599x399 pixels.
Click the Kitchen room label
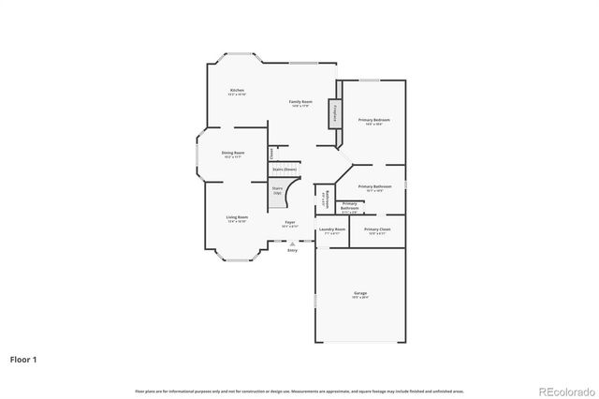pyautogui.click(x=237, y=90)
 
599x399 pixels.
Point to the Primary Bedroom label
pyautogui.click(x=373, y=120)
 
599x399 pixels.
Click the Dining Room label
pyautogui.click(x=233, y=153)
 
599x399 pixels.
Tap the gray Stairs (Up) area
pyautogui.click(x=277, y=195)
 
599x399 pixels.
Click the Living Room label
pyautogui.click(x=237, y=217)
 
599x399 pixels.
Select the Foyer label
pyautogui.click(x=290, y=222)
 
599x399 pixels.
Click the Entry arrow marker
pyautogui.click(x=293, y=244)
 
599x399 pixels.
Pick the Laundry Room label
pyautogui.click(x=332, y=229)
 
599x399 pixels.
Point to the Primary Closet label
pyautogui.click(x=377, y=229)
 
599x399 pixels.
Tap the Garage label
pyautogui.click(x=360, y=293)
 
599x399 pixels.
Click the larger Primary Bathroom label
pyautogui.click(x=374, y=186)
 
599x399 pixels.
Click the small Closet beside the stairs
pyautogui.click(x=271, y=153)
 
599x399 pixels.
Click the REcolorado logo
pyautogui.click(x=564, y=390)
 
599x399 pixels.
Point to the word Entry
pyautogui.click(x=293, y=250)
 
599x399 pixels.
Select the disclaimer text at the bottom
pyautogui.click(x=299, y=391)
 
